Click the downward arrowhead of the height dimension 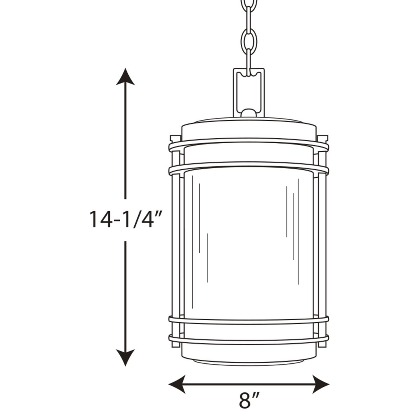[x=125, y=357]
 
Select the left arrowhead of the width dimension [x=177, y=384]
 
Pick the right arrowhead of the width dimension [x=321, y=384]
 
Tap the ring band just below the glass [x=248, y=320]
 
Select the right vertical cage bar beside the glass [x=322, y=242]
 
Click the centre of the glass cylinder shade [x=248, y=242]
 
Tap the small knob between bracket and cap [x=248, y=113]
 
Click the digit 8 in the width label [x=244, y=401]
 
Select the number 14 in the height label [x=99, y=220]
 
